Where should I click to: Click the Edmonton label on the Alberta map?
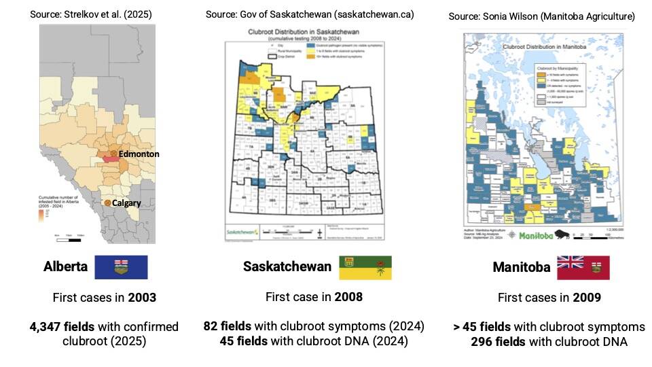139,154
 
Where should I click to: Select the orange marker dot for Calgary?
107,203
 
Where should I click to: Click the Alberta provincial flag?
121,267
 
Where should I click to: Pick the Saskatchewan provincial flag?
365,267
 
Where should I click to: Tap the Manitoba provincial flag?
583,268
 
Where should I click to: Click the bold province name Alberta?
66,267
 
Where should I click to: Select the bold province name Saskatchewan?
287,266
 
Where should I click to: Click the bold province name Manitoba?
522,268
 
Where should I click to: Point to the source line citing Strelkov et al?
91,14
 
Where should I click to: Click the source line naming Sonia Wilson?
542,16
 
